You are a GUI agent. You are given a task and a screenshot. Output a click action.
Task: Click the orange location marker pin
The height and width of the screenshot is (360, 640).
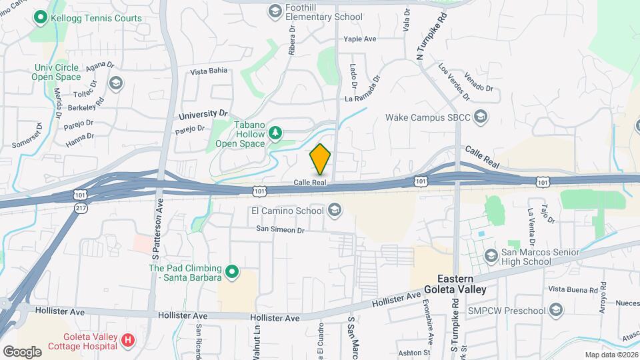[321, 159]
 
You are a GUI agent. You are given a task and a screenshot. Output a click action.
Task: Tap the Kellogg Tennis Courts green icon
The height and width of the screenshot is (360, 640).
[41, 18]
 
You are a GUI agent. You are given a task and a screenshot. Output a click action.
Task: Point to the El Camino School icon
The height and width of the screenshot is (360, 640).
[334, 211]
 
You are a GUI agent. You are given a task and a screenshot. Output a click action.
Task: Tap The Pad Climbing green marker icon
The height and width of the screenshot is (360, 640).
[232, 271]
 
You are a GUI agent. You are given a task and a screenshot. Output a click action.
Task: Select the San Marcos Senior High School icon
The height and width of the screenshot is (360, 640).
[491, 256]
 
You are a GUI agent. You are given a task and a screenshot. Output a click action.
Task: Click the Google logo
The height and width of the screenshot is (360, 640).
[22, 351]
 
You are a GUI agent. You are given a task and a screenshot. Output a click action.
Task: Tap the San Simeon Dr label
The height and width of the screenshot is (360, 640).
[280, 229]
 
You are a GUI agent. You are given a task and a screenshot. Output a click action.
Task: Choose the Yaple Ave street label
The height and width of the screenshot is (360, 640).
[360, 39]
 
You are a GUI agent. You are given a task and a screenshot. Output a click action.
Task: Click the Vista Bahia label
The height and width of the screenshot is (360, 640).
[209, 71]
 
